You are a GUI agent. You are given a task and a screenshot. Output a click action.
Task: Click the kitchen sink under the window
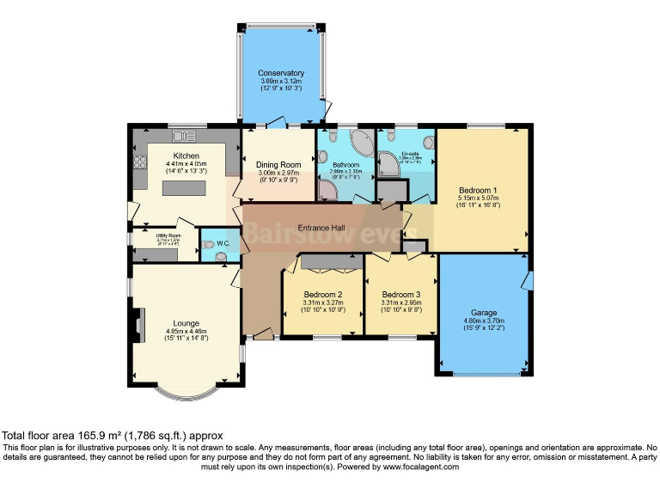pyautogui.click(x=183, y=136)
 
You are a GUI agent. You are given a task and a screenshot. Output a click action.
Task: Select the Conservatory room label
pyautogui.click(x=281, y=73)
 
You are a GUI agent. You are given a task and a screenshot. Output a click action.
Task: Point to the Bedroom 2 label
pyautogui.click(x=323, y=294)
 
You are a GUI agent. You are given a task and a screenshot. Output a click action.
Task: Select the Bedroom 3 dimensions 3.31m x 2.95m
pyautogui.click(x=402, y=302)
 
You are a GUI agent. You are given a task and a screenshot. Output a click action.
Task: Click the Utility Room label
pyautogui.click(x=168, y=235)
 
